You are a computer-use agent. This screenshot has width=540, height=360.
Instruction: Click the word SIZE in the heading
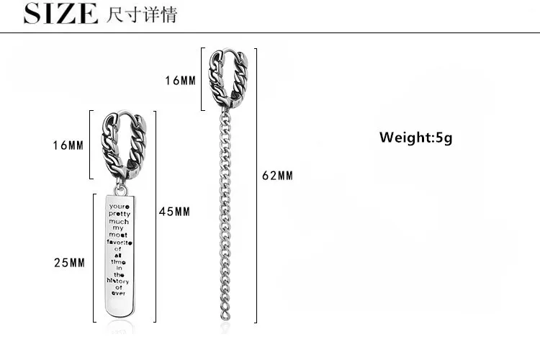[x=60, y=14]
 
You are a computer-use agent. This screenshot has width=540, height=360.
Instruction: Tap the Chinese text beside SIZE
[x=140, y=14]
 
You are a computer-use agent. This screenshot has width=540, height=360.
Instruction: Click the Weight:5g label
[x=415, y=137]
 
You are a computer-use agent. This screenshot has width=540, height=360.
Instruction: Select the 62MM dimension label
[x=277, y=176]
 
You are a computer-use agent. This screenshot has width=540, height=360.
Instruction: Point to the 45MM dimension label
[x=174, y=211]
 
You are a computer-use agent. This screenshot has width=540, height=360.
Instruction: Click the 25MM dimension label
[x=69, y=263]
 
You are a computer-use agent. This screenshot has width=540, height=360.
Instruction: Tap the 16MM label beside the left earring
[x=68, y=145]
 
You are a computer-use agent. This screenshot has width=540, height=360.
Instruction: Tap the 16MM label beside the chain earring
[x=180, y=81]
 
